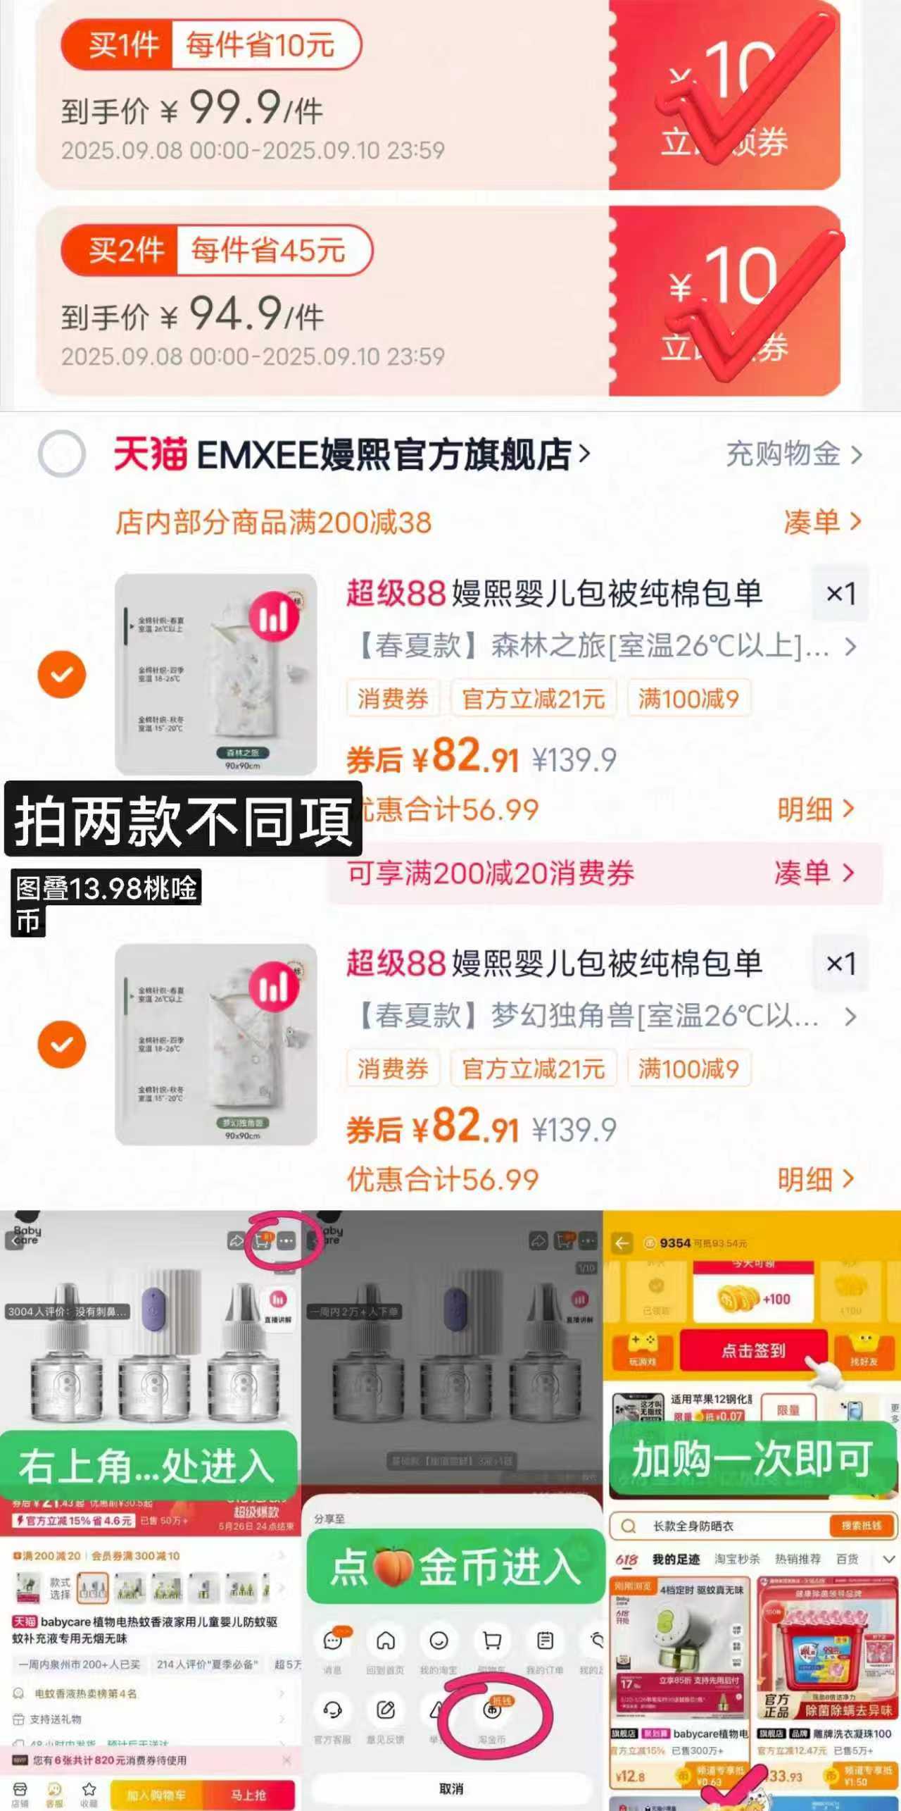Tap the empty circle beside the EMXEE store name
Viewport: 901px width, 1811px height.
pos(62,454)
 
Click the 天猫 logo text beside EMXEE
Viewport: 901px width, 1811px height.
pos(150,454)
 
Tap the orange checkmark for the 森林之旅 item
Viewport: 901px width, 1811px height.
pos(62,674)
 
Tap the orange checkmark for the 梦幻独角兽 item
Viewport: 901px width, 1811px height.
pos(62,1044)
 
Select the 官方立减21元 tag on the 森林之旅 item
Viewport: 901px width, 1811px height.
pos(534,698)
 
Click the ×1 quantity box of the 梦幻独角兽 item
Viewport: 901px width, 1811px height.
pos(840,963)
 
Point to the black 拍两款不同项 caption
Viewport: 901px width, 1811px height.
pos(183,819)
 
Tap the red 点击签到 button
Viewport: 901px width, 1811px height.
pos(752,1350)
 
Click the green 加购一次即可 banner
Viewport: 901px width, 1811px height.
pos(752,1459)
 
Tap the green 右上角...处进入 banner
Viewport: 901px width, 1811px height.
pos(147,1467)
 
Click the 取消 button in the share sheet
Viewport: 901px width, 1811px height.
pos(451,1788)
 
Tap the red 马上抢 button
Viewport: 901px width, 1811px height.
pos(248,1794)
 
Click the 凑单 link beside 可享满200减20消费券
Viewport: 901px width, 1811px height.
pos(813,873)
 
